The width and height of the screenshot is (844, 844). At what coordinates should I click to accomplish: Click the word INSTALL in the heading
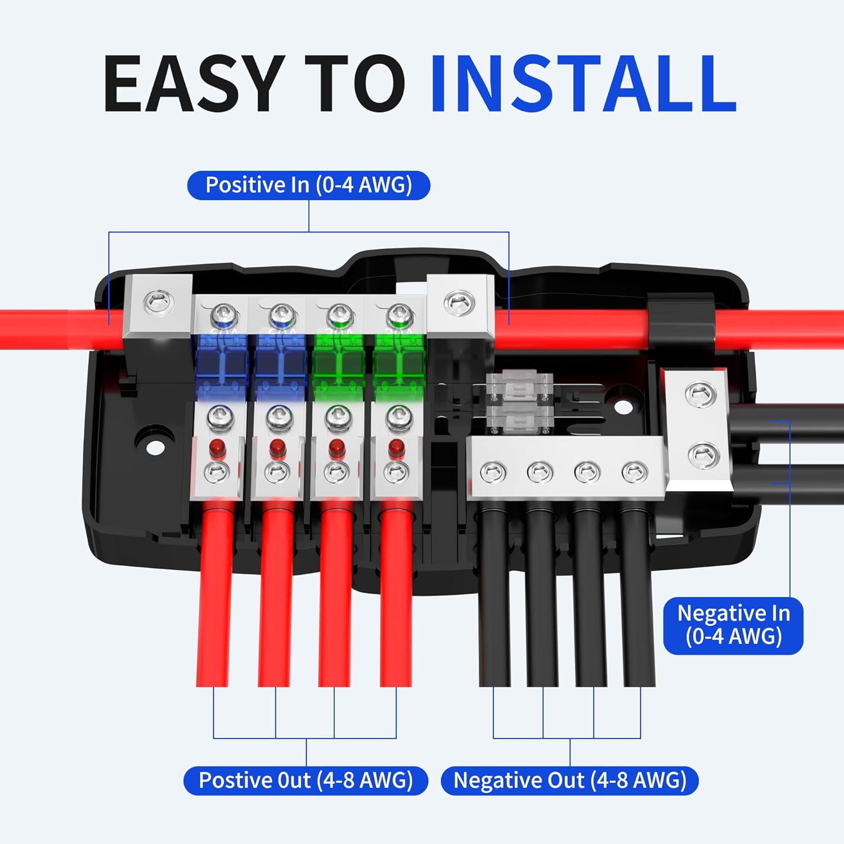click(583, 84)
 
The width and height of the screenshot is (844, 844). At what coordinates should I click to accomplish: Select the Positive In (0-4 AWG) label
click(308, 185)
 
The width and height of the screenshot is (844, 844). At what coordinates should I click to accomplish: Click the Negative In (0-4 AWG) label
click(733, 625)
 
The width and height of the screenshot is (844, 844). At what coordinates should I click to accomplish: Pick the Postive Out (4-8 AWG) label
click(306, 780)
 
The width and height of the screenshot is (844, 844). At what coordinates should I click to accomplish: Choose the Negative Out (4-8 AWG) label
click(569, 780)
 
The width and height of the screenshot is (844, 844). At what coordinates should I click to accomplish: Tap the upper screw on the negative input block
click(700, 393)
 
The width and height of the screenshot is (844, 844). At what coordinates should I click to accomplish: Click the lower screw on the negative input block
click(703, 454)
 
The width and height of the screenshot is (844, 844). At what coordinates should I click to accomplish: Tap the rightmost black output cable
click(638, 596)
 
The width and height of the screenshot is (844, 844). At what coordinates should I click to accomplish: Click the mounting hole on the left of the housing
click(153, 447)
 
